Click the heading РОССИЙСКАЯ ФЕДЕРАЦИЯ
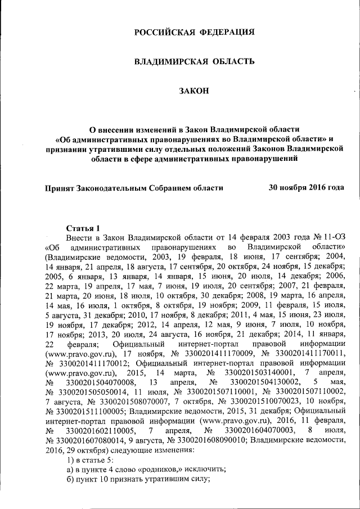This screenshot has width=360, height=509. pos(194,33)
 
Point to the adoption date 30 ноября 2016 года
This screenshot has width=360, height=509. pos(307,188)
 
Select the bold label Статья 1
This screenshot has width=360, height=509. pos(83,228)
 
